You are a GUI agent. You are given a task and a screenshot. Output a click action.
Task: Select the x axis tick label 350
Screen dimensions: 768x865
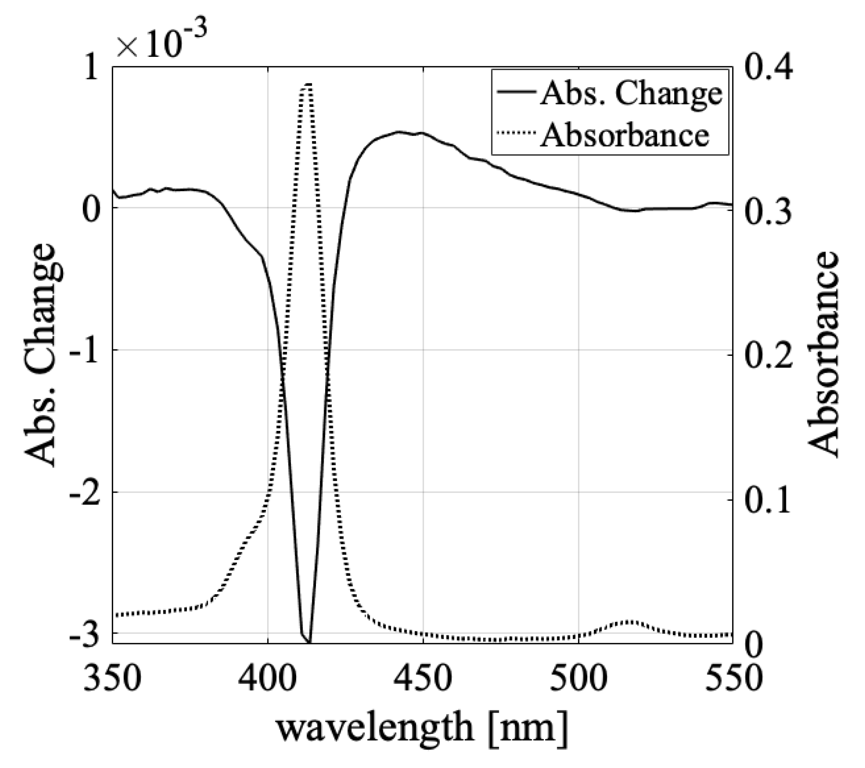(x=112, y=677)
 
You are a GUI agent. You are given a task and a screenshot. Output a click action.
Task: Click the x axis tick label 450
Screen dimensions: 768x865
(x=422, y=677)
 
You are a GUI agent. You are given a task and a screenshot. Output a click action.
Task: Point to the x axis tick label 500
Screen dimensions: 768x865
(x=577, y=677)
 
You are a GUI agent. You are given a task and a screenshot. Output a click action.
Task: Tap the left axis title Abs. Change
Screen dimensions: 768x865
(x=44, y=354)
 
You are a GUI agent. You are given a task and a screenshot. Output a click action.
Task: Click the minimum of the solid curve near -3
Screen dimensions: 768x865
(x=308, y=641)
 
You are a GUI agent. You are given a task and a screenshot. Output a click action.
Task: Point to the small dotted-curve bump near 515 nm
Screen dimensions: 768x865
(x=629, y=622)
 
